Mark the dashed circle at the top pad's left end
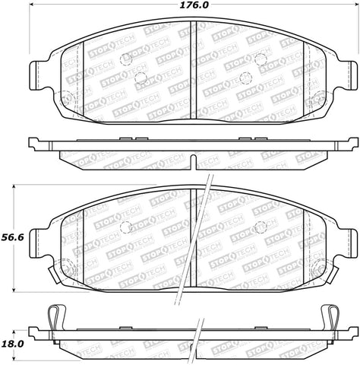pos(44,99)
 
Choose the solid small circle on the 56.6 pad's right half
pos(261,226)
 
